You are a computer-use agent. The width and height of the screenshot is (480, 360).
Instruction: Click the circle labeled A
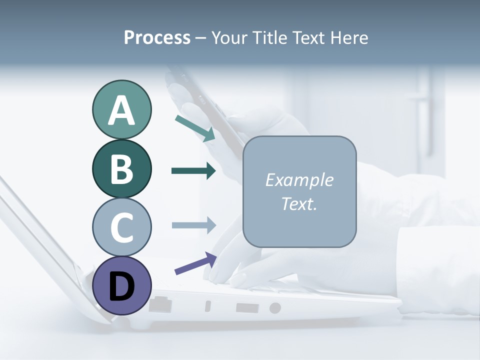pos(121,110)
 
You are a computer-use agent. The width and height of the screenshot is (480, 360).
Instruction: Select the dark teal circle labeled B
pos(121,168)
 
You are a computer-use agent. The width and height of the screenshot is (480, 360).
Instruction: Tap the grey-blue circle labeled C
pos(121,227)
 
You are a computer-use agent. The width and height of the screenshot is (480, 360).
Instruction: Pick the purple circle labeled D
pos(121,285)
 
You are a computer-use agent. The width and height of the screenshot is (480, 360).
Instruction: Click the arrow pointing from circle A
pos(195,128)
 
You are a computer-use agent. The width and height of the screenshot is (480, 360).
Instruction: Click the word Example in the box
pos(299,180)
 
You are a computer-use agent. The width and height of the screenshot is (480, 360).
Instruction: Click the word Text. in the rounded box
pos(299,203)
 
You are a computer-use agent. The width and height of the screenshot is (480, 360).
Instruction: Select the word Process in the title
pos(157,38)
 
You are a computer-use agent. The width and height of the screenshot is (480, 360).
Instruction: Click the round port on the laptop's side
pos(275,308)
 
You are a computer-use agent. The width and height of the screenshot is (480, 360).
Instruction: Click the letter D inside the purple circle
pos(121,286)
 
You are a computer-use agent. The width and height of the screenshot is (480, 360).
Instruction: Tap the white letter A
pos(121,110)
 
